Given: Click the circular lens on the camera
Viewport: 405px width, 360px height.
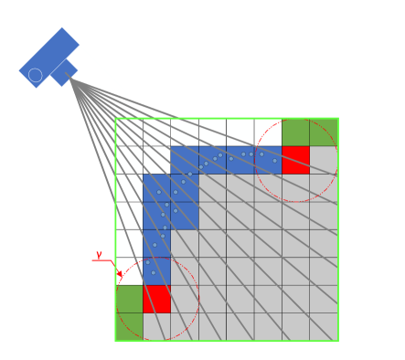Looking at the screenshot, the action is tap(36, 75).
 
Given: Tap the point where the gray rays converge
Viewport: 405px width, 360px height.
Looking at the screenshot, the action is tap(70, 80).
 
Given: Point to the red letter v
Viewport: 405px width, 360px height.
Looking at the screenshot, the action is tap(99, 255).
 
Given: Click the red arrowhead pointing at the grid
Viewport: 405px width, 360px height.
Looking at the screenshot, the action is tap(119, 273).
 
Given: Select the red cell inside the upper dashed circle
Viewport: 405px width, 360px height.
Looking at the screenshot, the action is tap(295, 160).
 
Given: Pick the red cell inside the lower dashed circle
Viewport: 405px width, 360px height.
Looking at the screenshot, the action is tap(156, 299).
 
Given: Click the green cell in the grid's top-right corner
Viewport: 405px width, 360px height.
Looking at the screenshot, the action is tap(324, 132).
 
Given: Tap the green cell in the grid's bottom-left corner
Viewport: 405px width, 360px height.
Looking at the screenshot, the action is tap(129, 299).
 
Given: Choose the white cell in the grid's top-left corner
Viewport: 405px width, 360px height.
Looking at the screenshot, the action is tap(129, 132).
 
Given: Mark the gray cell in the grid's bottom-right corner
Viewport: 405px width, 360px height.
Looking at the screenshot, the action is tap(324, 326).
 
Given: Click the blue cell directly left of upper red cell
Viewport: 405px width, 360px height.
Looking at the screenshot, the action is tap(268, 160).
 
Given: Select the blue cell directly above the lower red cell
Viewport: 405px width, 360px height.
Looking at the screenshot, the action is tap(156, 271).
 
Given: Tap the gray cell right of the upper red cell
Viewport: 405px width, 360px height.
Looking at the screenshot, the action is tap(324, 160).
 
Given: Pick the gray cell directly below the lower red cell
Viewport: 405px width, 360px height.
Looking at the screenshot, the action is tap(156, 326).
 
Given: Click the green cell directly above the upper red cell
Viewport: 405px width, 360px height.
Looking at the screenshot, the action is tap(295, 132).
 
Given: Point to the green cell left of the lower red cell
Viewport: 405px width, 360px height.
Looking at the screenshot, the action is tap(129, 299).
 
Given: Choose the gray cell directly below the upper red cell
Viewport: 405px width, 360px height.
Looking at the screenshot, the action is tap(295, 187).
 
